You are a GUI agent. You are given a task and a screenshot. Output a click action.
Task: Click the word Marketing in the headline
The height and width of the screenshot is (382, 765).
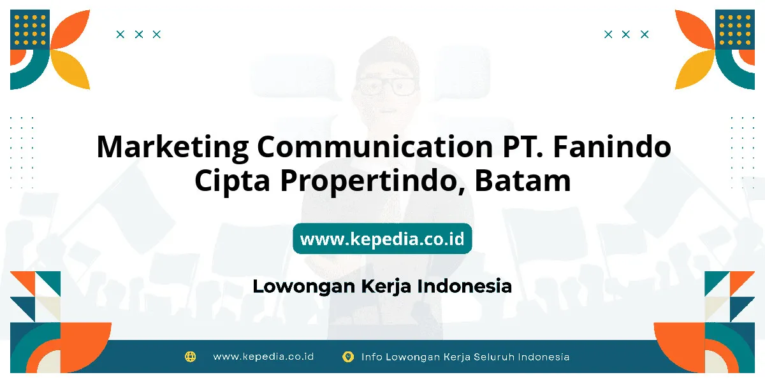point(173,148)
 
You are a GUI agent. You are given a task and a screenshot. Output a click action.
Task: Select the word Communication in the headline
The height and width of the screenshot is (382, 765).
point(375,146)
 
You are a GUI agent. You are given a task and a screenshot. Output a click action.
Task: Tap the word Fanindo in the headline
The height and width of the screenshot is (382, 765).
point(612,146)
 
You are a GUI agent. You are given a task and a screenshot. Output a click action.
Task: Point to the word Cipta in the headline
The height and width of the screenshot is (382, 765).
point(232,181)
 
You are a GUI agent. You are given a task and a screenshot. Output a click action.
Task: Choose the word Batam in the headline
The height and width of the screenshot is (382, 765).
point(523,181)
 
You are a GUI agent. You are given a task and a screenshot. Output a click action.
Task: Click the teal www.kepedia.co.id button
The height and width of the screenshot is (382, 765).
point(382,238)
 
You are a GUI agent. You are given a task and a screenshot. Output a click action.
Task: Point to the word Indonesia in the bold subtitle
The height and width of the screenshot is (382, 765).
point(465,286)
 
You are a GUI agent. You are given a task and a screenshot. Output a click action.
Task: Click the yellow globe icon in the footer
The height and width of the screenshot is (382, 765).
point(190,357)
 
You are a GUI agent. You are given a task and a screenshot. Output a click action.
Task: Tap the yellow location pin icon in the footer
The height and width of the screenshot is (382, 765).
point(348,357)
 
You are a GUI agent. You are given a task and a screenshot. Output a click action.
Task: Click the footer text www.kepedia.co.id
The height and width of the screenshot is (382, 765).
point(263,357)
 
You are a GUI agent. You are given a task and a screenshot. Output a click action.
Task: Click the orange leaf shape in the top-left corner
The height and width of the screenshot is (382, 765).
point(71,29)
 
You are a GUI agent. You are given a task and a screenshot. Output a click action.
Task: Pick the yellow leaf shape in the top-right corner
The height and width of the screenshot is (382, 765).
point(695,69)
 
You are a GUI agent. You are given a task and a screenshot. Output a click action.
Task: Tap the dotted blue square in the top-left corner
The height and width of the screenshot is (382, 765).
point(30,29)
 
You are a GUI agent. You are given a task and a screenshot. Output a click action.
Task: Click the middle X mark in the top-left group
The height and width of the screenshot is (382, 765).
point(139,34)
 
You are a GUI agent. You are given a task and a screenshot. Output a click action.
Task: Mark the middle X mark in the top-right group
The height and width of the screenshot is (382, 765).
point(625,34)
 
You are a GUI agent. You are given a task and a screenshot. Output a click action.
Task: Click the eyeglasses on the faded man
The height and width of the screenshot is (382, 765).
point(388,87)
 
